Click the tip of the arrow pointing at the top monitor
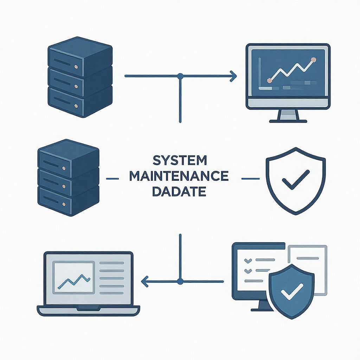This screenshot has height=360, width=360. click(236, 76)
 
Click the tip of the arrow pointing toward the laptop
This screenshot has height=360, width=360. click(141, 281)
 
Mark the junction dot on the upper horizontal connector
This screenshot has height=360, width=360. click(180, 76)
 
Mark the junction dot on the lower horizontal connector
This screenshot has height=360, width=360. click(180, 281)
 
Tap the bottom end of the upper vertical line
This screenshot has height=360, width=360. click(180, 122)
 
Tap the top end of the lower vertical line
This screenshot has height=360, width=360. click(180, 234)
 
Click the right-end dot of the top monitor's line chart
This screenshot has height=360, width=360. click(313, 60)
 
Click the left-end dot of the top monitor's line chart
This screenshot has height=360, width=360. click(270, 81)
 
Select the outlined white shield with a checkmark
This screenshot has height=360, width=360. click(296, 181)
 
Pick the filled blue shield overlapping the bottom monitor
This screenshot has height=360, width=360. click(291, 291)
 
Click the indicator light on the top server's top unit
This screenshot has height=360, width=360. click(76, 67)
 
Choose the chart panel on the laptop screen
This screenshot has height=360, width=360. click(73, 277)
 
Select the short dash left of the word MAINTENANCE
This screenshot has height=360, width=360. click(113, 179)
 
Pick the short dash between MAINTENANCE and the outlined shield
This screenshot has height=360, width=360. click(250, 179)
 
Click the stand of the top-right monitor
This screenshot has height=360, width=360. click(288, 115)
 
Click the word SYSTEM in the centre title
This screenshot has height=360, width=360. click(180, 160)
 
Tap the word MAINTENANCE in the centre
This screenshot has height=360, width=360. click(179, 176)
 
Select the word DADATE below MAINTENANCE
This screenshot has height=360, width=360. click(179, 192)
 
